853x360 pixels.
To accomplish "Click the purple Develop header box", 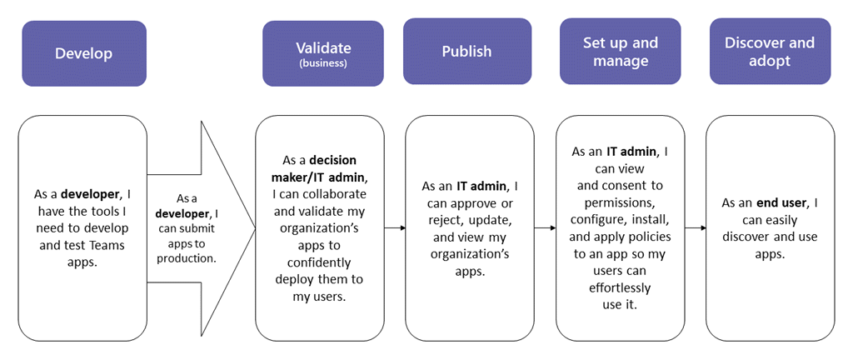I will pos(83,53).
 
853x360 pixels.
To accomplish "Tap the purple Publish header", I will pos(466,52).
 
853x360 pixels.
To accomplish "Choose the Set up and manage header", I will pos(621,52).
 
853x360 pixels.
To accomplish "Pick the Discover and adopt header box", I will pos(770,52).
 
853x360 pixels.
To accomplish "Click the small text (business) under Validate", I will pos(323,62).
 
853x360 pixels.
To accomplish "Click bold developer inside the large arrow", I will pos(179,213).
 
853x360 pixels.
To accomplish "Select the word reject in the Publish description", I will pos(442,219).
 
